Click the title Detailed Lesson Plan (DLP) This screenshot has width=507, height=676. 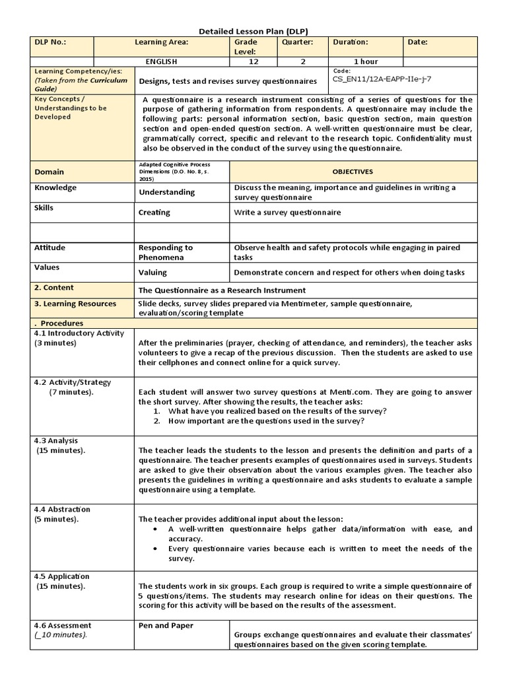253,31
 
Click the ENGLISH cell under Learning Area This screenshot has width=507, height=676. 161,61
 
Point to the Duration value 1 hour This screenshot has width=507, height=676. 366,61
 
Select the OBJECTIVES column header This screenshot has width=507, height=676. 352,171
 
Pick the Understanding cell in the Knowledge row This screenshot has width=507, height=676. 166,192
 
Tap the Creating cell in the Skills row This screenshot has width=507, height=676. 154,213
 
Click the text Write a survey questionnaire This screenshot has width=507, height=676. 287,213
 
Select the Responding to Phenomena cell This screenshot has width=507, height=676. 166,252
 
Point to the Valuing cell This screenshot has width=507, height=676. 152,272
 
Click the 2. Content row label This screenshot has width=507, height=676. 54,288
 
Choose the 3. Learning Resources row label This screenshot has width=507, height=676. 75,304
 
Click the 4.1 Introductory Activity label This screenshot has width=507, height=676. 79,333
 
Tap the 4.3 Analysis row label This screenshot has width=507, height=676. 59,440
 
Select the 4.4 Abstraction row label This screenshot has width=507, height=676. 62,509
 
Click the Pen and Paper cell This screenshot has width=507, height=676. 165,625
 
